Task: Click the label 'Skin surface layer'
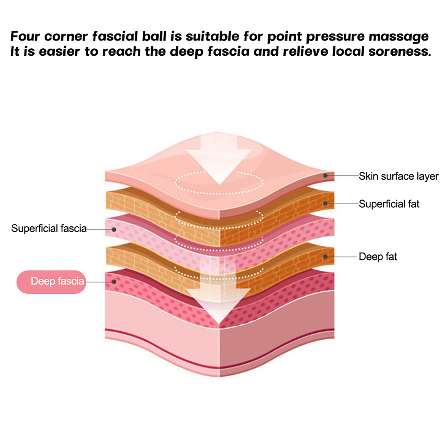[x=398, y=176]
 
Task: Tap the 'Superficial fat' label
[x=389, y=204]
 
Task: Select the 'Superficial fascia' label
[x=49, y=228]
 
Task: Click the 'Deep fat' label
[x=378, y=256]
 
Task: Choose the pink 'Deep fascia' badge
[x=51, y=281]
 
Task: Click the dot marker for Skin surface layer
[x=325, y=176]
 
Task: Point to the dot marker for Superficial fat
[x=325, y=204]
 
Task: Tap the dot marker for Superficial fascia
[x=114, y=230]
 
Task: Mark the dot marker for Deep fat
[x=325, y=256]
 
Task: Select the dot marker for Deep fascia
[x=114, y=282]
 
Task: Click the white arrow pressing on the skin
[x=219, y=159]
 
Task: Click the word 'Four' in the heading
[x=25, y=36]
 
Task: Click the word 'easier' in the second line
[x=59, y=51]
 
